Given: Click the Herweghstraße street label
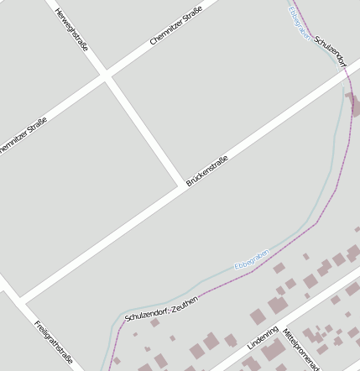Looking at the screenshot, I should (71, 29).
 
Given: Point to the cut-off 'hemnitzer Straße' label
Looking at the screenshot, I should (23, 135).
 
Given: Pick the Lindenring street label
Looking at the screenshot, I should (263, 337).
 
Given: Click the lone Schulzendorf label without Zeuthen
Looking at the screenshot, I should (330, 51).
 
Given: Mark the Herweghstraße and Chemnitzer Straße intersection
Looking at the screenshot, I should (106, 76).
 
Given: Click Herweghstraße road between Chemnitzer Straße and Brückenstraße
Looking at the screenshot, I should (144, 130).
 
